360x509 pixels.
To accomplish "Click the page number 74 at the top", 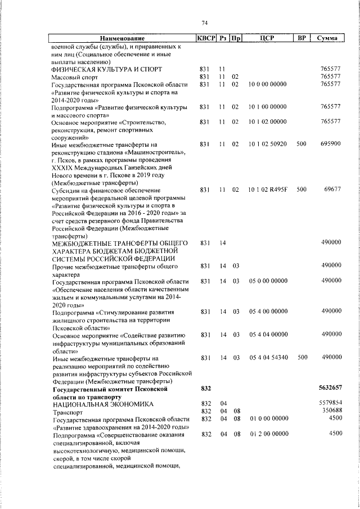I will point(205,22).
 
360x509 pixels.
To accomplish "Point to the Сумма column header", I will point(327,38).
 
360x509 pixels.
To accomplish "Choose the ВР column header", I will point(301,38).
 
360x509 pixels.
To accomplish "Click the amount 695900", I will point(330,144).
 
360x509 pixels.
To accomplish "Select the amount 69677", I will point(332,190).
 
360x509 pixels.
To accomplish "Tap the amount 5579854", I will point(330,404).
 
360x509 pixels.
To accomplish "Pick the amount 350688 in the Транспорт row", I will point(331,412).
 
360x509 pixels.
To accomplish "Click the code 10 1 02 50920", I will point(267,144).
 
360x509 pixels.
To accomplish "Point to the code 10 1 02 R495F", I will point(267,190).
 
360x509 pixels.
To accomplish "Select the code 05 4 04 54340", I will point(267,358).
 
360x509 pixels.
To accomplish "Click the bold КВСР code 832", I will point(205,389).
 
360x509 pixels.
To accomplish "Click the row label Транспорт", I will point(66,412).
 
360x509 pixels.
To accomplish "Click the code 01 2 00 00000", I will point(267,434).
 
